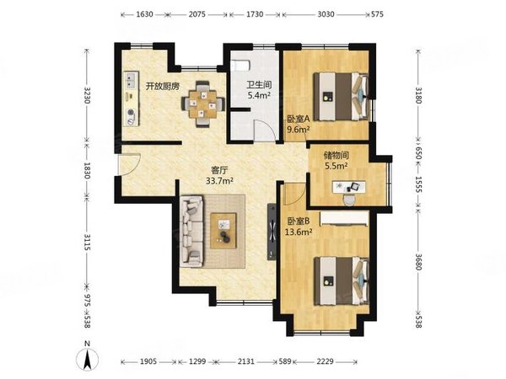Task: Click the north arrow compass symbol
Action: coord(87,357)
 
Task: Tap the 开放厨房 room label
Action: coord(162,87)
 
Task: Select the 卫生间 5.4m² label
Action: coord(259,90)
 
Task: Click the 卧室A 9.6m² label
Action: coord(299,124)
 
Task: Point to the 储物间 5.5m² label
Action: coord(336,161)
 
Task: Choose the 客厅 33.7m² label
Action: coord(220,175)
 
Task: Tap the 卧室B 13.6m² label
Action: coord(299,227)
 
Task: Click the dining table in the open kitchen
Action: coord(202,104)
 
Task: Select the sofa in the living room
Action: coord(191,231)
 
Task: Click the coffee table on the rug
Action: coord(223,231)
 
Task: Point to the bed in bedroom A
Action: coord(341,96)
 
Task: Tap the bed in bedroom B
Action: coord(342,280)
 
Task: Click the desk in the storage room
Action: coord(349,187)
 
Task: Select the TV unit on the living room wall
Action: coord(272,232)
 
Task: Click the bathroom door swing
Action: coord(265,131)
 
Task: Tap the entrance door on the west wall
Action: coord(129,165)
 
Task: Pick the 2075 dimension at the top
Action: coord(196,14)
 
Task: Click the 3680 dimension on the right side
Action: coord(418,262)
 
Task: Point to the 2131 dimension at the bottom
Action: coord(246,361)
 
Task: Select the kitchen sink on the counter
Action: coord(131,81)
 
